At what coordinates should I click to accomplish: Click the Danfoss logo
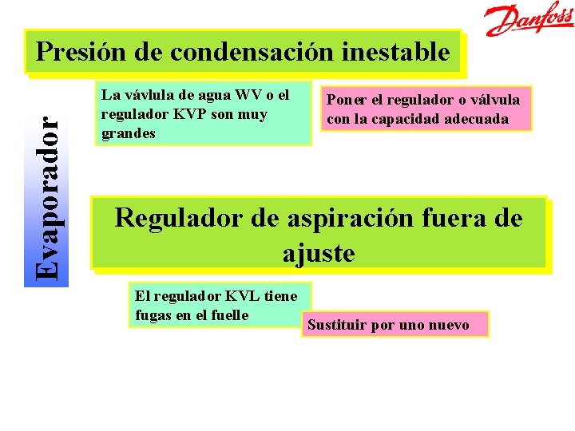click(530, 20)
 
